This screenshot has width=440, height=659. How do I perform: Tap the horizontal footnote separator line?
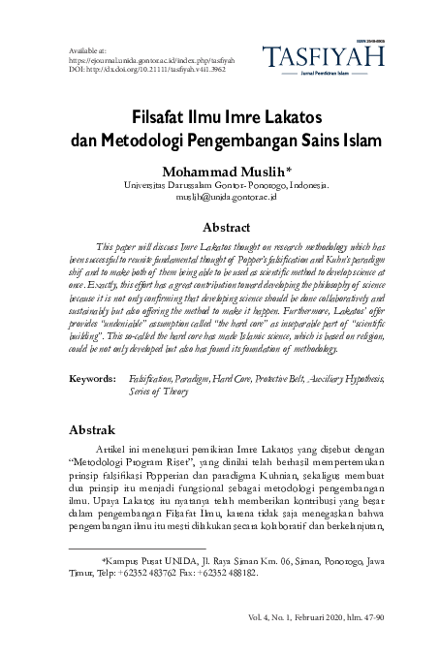tap(137, 549)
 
